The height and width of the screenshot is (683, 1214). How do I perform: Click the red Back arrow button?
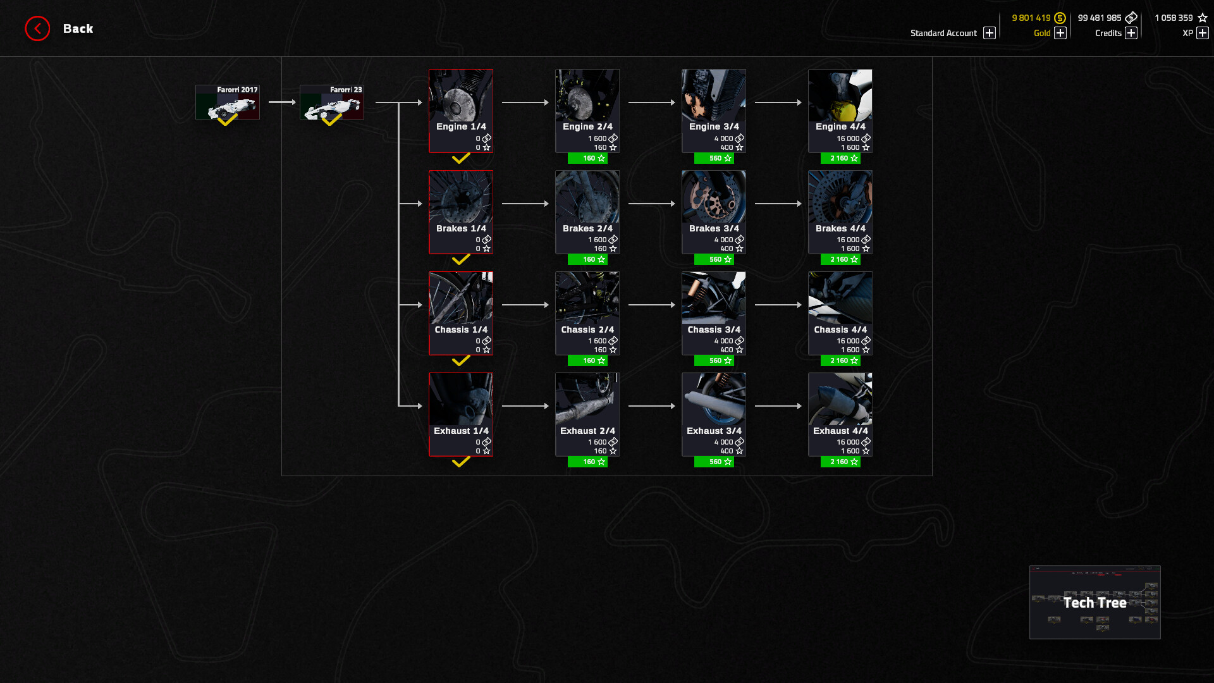37,28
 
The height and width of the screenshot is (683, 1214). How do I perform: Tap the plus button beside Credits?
1131,33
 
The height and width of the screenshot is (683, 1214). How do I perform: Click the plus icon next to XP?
1202,33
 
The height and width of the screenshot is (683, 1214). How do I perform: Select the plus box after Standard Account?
990,33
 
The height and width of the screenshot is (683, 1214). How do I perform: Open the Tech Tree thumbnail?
1094,602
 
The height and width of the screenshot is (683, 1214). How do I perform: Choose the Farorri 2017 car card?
228,102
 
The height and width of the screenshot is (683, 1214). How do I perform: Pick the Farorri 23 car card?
331,102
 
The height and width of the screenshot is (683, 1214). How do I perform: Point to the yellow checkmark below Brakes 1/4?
461,259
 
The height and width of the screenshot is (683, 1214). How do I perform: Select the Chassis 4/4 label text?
840,329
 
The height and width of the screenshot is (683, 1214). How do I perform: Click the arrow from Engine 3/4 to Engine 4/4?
778,102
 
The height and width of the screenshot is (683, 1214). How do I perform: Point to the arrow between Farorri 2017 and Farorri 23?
282,102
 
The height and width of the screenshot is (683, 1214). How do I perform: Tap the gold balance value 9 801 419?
1031,18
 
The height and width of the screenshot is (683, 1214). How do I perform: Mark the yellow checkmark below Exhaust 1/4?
461,462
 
